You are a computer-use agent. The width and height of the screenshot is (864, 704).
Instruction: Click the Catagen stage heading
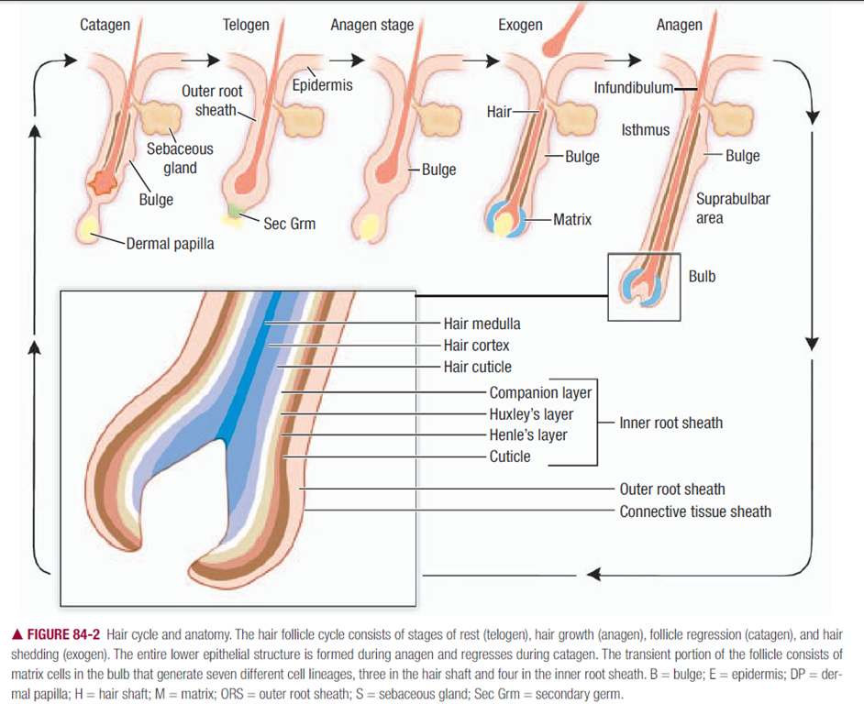pos(105,25)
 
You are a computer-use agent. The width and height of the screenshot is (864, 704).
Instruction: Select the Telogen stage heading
pos(246,25)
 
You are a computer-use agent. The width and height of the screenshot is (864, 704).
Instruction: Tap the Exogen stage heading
pos(521,25)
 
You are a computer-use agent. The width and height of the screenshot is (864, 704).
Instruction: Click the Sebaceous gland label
pos(180,158)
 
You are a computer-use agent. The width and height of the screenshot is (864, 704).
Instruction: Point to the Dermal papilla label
pos(171,244)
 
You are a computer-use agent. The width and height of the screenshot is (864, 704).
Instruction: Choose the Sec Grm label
pos(289,224)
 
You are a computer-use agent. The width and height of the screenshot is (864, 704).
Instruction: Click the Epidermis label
pos(322,85)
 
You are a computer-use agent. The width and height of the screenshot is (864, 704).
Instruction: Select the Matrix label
pos(572,219)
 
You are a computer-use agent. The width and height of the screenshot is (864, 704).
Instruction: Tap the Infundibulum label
pos(634,89)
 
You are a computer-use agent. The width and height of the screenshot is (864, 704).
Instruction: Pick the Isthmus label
pos(646,130)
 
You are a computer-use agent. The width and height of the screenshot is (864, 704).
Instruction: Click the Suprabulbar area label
pos(720,208)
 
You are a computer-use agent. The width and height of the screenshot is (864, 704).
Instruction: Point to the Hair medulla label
pos(482,324)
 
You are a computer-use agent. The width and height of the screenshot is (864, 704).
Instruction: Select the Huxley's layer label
pos(531,414)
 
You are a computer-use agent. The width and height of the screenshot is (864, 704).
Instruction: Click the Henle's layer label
pos(528,435)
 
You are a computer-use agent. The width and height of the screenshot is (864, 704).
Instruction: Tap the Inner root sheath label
pos(670,423)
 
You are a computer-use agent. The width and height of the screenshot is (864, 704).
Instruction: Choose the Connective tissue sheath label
pos(695,511)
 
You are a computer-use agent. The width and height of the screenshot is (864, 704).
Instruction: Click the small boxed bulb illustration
pos(644,286)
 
